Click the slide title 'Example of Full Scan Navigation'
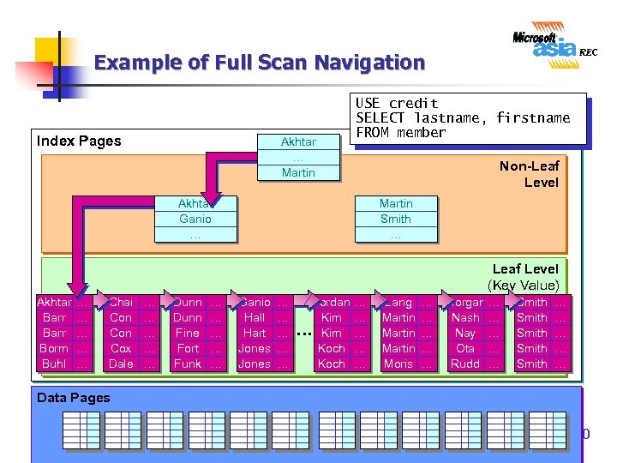click(259, 63)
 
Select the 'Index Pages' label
click(79, 141)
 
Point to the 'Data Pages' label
click(74, 397)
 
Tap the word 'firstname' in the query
click(532, 117)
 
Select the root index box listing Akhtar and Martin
click(298, 157)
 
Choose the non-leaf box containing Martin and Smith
click(396, 219)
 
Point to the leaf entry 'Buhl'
click(53, 364)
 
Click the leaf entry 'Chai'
click(121, 302)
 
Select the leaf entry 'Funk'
click(187, 364)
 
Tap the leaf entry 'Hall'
click(255, 317)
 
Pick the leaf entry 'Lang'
click(398, 302)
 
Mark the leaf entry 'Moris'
click(398, 364)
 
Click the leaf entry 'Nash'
click(465, 317)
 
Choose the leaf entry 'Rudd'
click(465, 364)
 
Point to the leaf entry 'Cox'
click(121, 348)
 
